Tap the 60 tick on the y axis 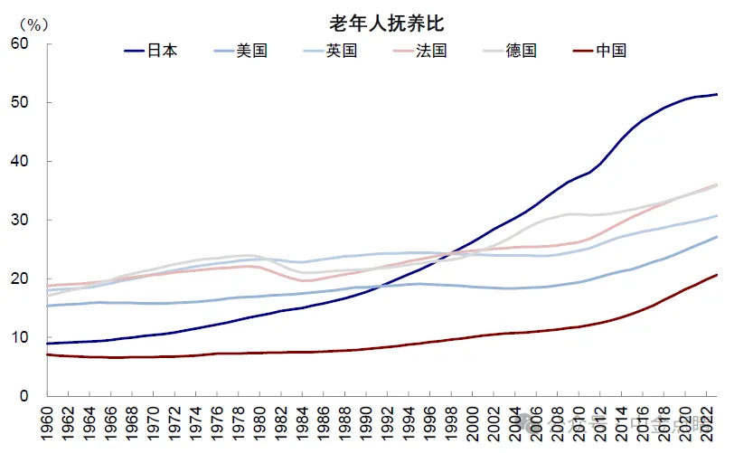tap(20, 43)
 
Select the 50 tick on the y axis tap(20, 102)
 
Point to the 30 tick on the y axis tap(20, 220)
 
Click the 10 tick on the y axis tap(20, 337)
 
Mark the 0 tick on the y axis tap(24, 396)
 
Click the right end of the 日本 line tap(717, 94)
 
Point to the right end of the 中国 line tap(717, 275)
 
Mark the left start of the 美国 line tap(46, 306)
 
